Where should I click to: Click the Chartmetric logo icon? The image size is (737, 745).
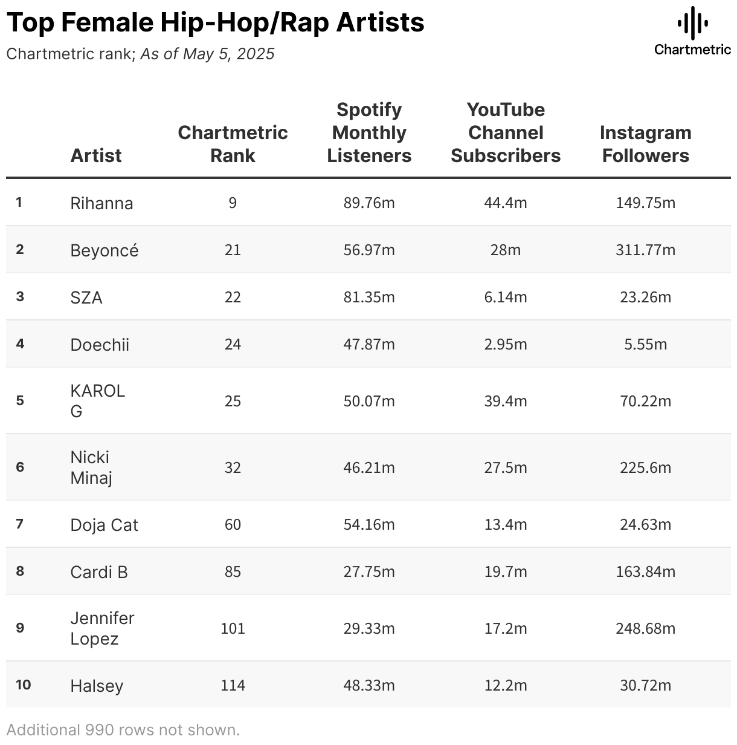[x=692, y=24]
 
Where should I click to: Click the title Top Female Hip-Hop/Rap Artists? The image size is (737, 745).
[x=215, y=22]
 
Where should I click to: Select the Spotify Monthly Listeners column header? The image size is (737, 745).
[x=369, y=132]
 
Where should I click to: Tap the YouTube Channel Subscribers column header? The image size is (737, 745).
[x=506, y=132]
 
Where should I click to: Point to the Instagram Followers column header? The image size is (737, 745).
[x=645, y=144]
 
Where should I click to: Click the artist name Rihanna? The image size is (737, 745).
[x=101, y=203]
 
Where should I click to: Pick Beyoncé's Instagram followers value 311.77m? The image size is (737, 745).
[x=645, y=250]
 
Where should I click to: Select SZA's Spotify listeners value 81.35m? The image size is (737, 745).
[x=369, y=297]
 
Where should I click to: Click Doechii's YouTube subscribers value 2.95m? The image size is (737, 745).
[x=506, y=344]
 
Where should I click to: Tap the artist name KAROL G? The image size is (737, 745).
[x=97, y=401]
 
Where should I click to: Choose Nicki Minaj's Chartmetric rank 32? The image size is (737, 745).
[x=233, y=467]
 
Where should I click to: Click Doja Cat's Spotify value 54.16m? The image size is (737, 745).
[x=369, y=524]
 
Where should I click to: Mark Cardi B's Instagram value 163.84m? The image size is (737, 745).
[x=645, y=571]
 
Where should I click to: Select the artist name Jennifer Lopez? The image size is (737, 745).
[x=102, y=628]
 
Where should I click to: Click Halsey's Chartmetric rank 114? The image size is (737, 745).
[x=233, y=685]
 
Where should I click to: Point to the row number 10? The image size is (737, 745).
[x=24, y=685]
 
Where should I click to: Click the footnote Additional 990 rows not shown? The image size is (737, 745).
[x=123, y=730]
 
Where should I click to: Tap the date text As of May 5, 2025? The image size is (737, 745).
[x=207, y=54]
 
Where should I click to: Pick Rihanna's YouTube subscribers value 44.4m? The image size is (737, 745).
[x=506, y=203]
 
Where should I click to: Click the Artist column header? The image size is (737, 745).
[x=96, y=155]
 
